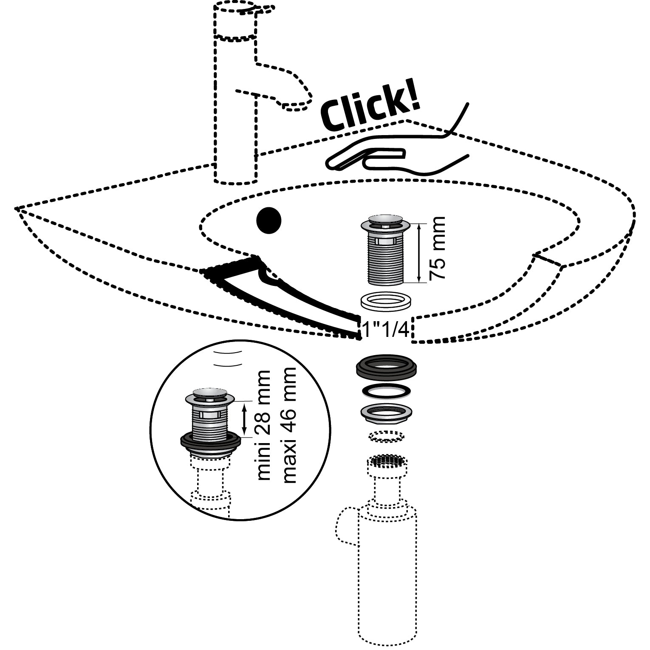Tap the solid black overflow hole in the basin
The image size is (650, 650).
(x=269, y=220)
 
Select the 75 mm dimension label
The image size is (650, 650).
(x=438, y=248)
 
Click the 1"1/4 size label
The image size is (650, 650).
(x=386, y=330)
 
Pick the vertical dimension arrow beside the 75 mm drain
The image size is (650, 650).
(x=420, y=253)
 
